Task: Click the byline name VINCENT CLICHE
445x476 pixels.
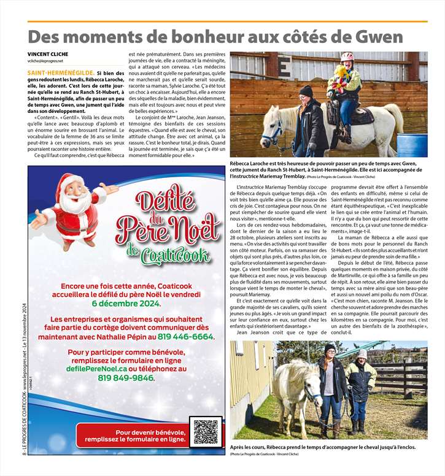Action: click(48, 54)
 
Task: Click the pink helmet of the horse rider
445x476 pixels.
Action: click(348, 57)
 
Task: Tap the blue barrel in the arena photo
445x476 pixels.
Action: click(411, 145)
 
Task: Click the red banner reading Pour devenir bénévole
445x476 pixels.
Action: click(150, 436)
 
